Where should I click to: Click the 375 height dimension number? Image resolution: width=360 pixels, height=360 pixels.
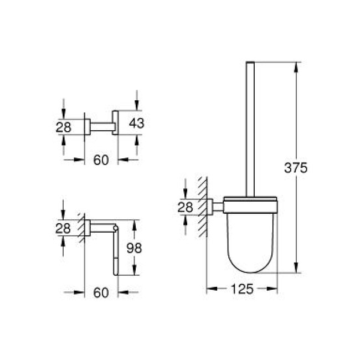(x=296, y=168)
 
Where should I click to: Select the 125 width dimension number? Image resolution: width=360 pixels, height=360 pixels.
(x=241, y=289)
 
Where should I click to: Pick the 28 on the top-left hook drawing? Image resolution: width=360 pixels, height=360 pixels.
(x=64, y=126)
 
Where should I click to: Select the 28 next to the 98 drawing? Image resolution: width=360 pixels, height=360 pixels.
(x=64, y=228)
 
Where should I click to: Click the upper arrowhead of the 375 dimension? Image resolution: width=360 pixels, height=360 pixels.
(x=297, y=66)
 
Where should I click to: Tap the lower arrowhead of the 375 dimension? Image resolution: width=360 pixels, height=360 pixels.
(x=297, y=268)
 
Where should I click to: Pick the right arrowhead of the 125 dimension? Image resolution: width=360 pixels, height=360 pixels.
(x=273, y=289)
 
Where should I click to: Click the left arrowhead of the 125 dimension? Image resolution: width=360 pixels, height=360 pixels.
(x=210, y=289)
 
